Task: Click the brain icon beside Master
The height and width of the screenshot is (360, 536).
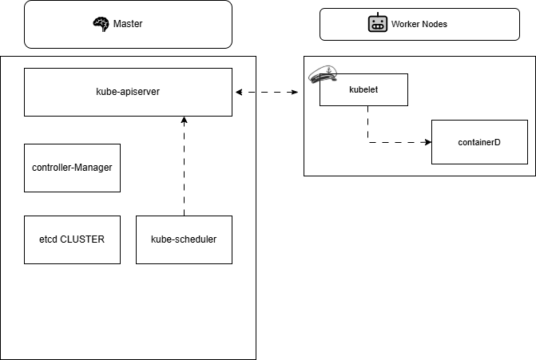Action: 101,24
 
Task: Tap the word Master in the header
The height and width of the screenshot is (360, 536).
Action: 128,24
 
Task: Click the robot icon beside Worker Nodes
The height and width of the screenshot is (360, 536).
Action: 378,22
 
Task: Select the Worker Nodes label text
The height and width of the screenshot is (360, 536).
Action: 419,24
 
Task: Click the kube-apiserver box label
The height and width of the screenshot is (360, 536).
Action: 128,92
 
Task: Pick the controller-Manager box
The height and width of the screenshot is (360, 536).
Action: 72,168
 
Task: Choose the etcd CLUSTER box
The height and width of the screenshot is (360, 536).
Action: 72,239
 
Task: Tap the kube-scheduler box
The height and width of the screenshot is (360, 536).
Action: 184,239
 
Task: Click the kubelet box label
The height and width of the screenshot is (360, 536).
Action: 363,89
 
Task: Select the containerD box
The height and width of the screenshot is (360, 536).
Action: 479,142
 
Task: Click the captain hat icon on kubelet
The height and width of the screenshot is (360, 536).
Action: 323,74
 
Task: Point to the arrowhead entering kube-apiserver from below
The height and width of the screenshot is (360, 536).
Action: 185,120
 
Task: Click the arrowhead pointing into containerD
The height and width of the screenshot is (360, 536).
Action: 428,142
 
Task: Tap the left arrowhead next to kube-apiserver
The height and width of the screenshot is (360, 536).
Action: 239,93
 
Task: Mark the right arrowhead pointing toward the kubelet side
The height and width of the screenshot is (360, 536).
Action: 294,93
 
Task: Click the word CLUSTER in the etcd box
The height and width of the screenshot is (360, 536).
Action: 82,239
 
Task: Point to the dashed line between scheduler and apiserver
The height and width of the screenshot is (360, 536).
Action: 185,166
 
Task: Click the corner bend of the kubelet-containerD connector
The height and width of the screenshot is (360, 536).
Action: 367,142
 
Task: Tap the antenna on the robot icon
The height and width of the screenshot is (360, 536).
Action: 378,14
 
